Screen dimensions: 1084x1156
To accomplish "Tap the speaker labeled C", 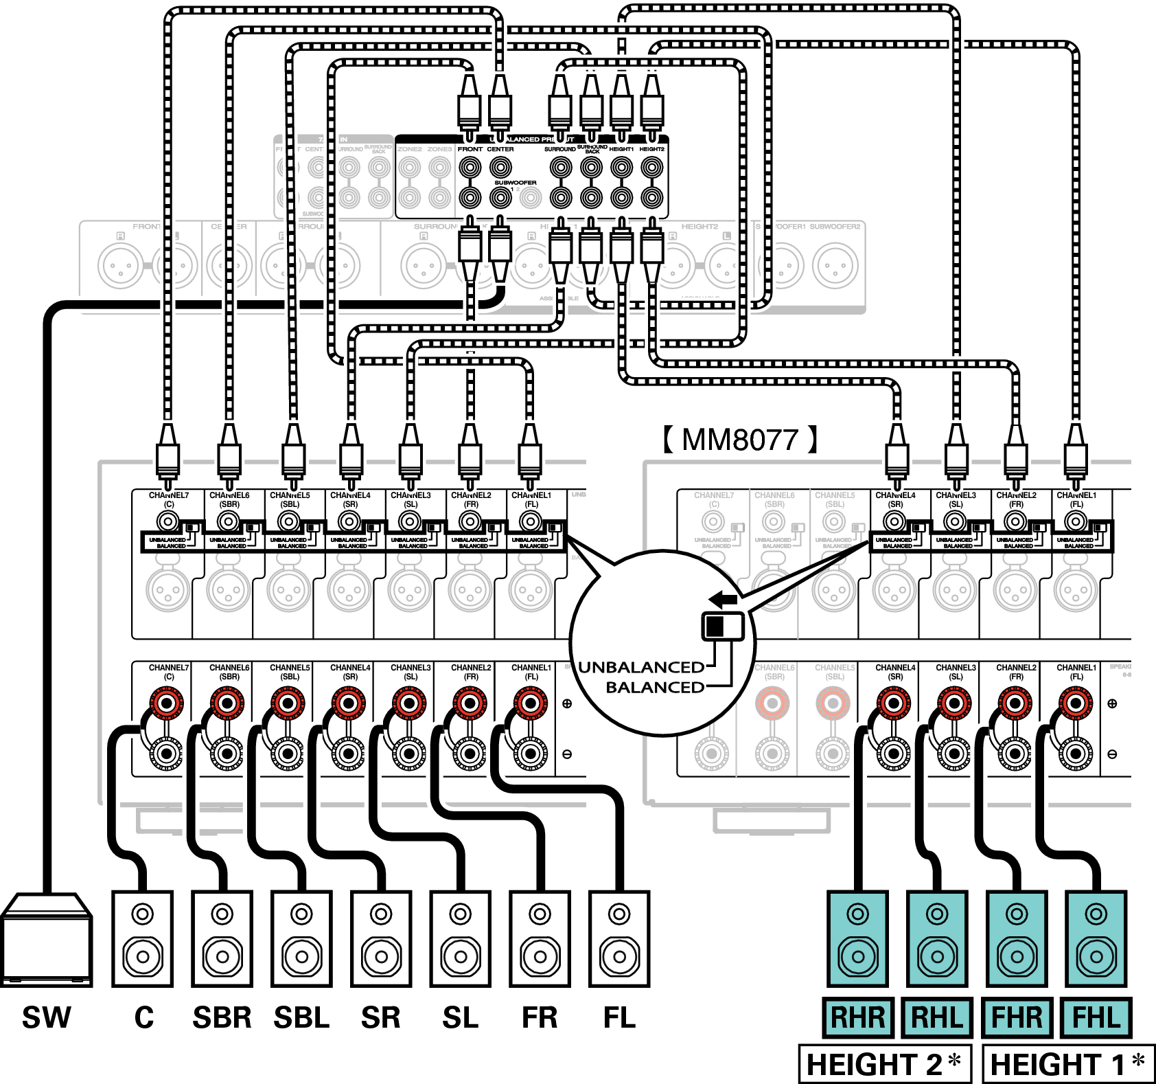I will tap(143, 939).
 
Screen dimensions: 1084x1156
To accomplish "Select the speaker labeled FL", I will tap(619, 939).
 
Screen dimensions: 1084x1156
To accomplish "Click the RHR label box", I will tap(858, 1017).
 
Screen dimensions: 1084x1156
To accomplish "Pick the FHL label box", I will tap(1096, 1017).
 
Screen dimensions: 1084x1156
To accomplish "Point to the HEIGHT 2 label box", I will tap(885, 1064).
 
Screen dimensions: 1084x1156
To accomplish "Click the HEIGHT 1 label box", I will tap(1068, 1064).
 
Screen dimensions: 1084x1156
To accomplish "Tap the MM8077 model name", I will tap(740, 440).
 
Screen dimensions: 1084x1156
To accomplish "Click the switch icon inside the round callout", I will tap(722, 626).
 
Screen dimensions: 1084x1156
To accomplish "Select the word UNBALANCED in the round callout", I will tap(641, 667).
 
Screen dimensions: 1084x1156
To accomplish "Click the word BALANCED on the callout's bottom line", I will tap(655, 687).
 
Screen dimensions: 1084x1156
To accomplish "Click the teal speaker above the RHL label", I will tap(937, 939).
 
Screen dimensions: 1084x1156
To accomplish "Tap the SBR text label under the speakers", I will tap(222, 1017).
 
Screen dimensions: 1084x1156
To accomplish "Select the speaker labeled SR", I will tap(381, 939).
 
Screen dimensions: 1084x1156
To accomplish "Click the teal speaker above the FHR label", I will tap(1017, 939).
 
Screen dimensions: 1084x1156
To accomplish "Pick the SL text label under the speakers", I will tap(460, 1017).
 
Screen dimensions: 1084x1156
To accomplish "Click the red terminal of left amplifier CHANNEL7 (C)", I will tap(167, 703).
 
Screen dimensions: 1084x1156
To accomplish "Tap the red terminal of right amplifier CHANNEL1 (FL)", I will tap(1075, 703).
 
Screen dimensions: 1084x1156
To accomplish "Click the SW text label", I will tap(46, 1017).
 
